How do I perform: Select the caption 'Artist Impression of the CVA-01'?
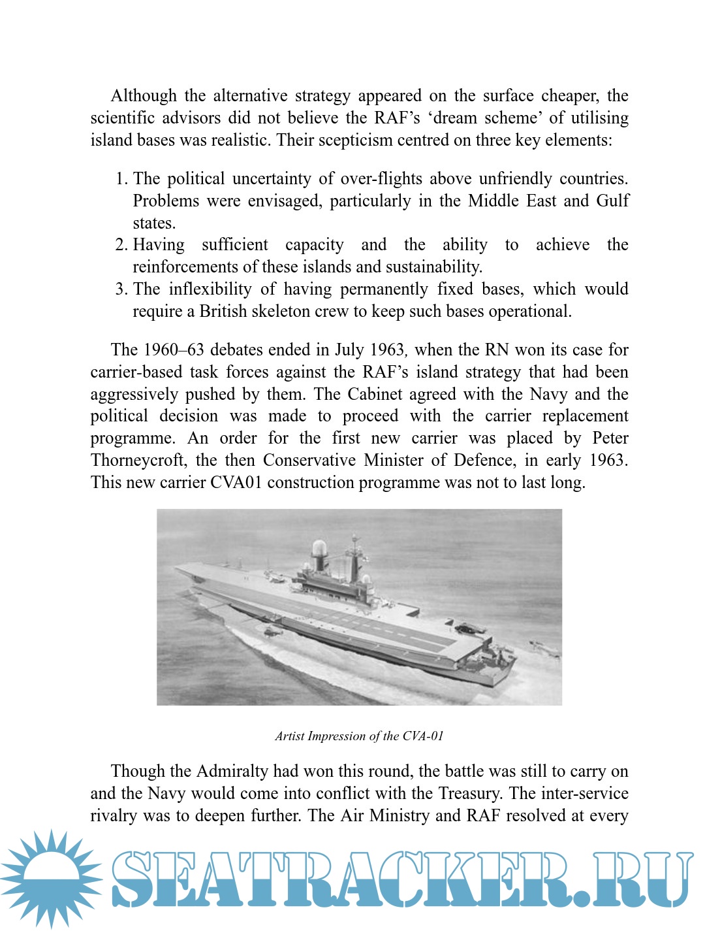pos(359,736)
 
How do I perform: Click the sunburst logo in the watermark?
pos(50,877)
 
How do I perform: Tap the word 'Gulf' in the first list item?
pos(612,201)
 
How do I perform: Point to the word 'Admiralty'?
pos(232,771)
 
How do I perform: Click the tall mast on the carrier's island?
pos(354,552)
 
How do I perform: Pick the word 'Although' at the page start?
pos(144,96)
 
